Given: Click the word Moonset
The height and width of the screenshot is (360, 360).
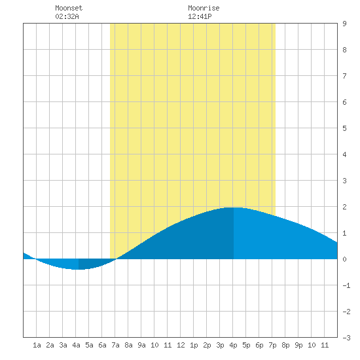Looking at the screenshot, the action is tap(69, 8).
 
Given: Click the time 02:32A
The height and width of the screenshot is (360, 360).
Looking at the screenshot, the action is tap(67, 16).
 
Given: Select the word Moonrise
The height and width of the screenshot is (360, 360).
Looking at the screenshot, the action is tap(204, 8).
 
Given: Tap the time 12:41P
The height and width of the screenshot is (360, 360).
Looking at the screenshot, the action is tap(200, 16).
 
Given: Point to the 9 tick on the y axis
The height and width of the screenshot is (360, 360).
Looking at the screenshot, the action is tap(344, 24).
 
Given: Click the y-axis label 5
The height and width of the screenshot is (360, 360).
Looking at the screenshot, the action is tap(344, 128).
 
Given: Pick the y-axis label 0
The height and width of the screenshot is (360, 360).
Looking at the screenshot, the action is tap(344, 259).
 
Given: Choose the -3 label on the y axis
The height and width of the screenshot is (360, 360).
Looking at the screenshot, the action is tap(346, 338).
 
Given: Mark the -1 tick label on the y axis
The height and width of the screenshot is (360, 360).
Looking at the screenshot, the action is tap(346, 285).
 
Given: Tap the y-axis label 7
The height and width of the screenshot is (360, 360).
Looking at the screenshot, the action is tap(344, 76).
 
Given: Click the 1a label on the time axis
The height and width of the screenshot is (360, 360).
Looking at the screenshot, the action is tap(37, 345).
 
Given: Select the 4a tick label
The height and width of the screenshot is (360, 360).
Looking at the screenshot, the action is tap(76, 345).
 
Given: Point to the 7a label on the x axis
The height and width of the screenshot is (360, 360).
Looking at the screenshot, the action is tap(115, 345).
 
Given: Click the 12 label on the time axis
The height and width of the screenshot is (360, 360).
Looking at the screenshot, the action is tap(181, 345).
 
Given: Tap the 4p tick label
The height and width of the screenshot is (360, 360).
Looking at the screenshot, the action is tap(233, 345).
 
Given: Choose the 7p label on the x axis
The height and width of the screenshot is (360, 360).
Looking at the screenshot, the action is tap(272, 345).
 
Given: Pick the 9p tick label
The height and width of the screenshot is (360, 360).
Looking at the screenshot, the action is tap(298, 345).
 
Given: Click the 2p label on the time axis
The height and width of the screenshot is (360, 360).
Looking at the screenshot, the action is tap(207, 345).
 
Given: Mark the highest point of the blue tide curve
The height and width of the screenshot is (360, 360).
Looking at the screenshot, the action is tap(234, 207).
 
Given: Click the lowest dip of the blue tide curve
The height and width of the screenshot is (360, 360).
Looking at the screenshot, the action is tap(79, 269).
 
